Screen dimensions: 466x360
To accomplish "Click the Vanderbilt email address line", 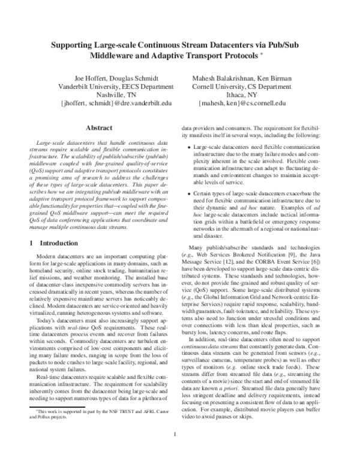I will coord(108,103).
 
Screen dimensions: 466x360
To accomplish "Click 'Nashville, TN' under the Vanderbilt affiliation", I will coord(108,95).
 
